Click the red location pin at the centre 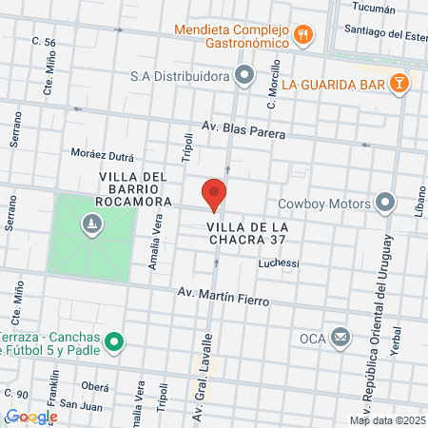coord(214,194)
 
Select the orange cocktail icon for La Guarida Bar coord(402,84)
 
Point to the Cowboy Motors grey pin coord(385,203)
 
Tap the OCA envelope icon coord(340,338)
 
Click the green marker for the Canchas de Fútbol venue coord(114,340)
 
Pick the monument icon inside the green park coord(91,224)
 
